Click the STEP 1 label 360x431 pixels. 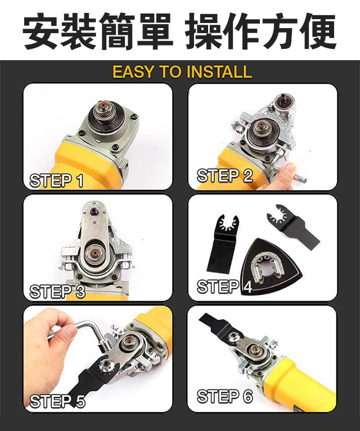click(56, 181)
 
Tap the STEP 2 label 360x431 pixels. click(224, 175)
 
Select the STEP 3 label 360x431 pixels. click(57, 292)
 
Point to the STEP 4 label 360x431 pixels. click(224, 287)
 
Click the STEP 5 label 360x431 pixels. click(57, 401)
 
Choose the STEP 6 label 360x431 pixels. click(224, 396)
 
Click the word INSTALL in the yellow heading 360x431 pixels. click(219, 72)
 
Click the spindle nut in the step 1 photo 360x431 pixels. click(104, 109)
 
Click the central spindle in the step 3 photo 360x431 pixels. click(94, 253)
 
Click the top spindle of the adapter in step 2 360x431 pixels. click(283, 99)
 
